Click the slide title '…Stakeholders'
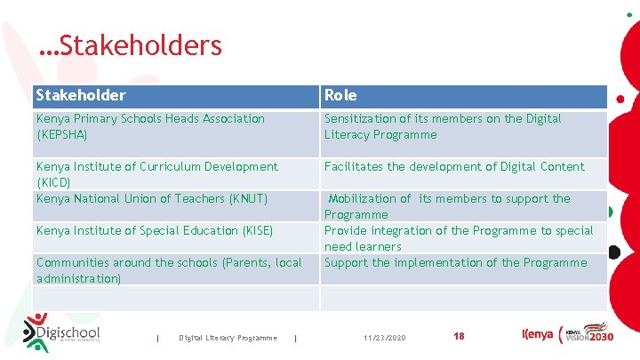click(131, 44)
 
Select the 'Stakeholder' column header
click(81, 95)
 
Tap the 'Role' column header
click(340, 95)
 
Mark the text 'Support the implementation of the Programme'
click(455, 262)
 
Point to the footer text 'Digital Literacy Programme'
click(228, 338)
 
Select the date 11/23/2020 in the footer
click(385, 338)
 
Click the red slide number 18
click(459, 336)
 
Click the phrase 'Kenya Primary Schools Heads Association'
click(150, 118)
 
